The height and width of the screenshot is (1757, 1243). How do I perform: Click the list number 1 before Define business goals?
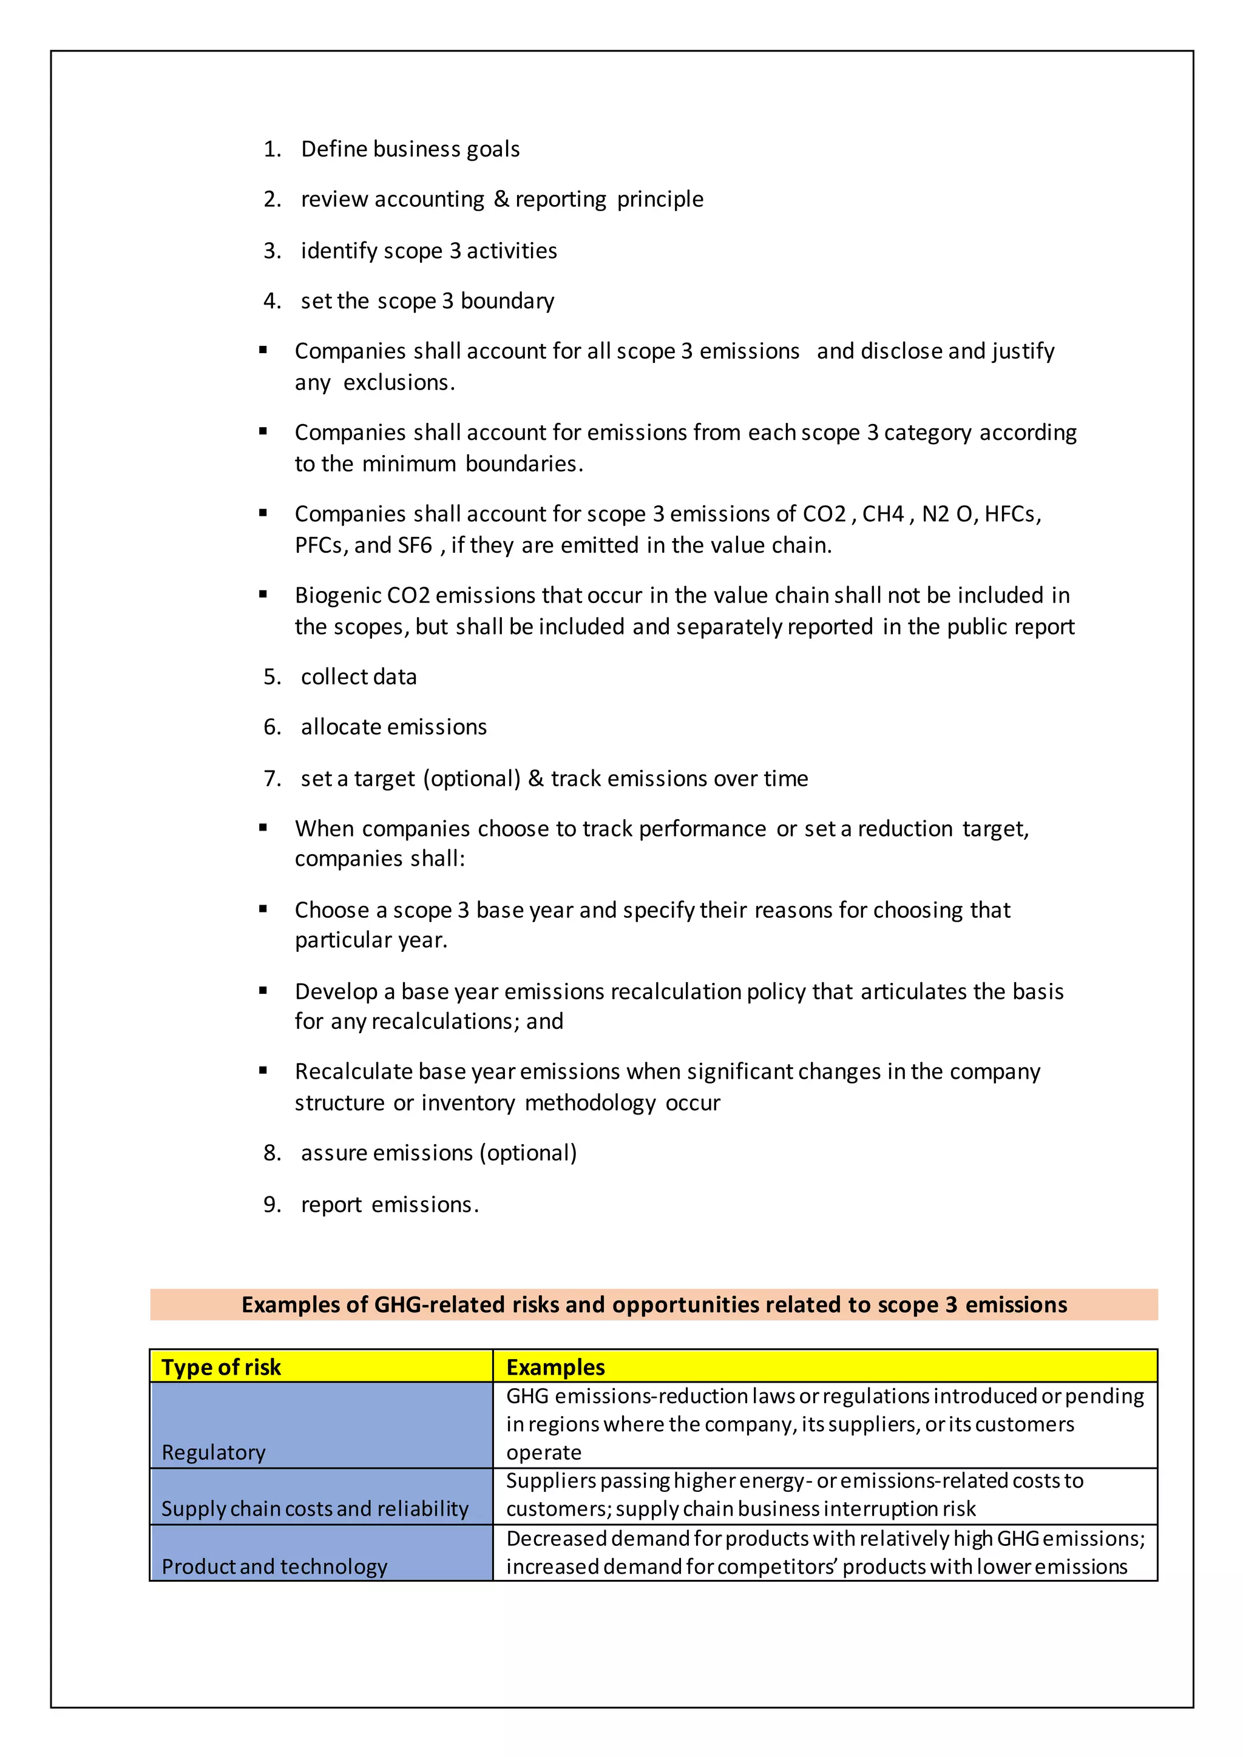pyautogui.click(x=270, y=149)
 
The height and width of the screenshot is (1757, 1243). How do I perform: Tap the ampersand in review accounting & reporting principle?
pyautogui.click(x=501, y=199)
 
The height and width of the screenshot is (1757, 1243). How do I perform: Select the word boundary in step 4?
pyautogui.click(x=507, y=302)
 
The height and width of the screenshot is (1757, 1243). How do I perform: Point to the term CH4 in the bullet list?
pyautogui.click(x=883, y=514)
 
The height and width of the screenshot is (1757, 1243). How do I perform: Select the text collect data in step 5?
pyautogui.click(x=358, y=677)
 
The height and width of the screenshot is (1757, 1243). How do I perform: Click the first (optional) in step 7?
pyautogui.click(x=472, y=779)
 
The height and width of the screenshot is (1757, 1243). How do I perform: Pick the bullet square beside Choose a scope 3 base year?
pyautogui.click(x=263, y=909)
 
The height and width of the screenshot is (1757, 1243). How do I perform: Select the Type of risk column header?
pyautogui.click(x=221, y=1367)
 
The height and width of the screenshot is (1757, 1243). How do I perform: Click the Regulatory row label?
pyautogui.click(x=214, y=1452)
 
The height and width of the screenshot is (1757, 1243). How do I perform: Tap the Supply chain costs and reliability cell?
pyautogui.click(x=314, y=1509)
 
